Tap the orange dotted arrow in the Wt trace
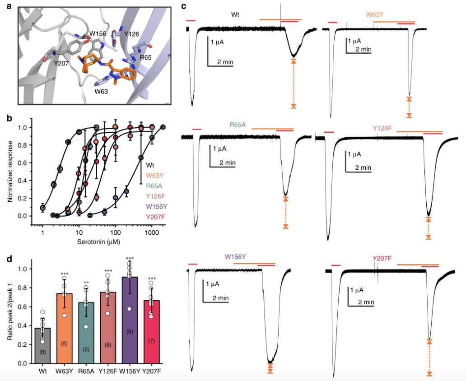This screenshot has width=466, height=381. coord(294,84)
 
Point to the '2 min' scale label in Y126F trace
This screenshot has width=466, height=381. coord(363,167)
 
